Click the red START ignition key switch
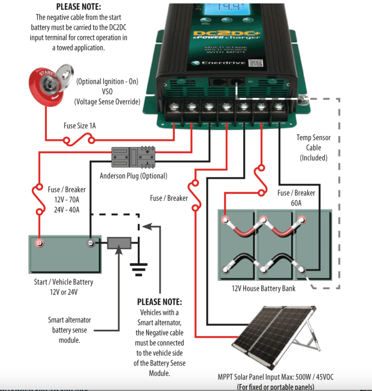[x=47, y=85]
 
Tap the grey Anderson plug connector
[x=133, y=157]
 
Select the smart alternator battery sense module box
[x=119, y=243]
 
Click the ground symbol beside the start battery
[x=138, y=269]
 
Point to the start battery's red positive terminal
[x=39, y=243]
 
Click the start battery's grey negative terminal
[x=90, y=243]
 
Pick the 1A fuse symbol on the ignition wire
[x=79, y=140]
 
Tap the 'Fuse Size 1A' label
[x=80, y=126]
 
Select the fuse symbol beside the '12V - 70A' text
[x=39, y=199]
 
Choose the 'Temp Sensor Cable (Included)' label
[x=313, y=148]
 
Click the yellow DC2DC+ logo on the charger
[x=226, y=34]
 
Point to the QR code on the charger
[x=256, y=63]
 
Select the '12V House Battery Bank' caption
[x=263, y=289]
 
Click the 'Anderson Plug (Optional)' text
[x=133, y=176]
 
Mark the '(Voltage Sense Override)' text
[x=107, y=102]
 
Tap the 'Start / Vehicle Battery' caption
[x=63, y=282]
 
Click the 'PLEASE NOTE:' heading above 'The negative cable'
[x=79, y=7]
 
